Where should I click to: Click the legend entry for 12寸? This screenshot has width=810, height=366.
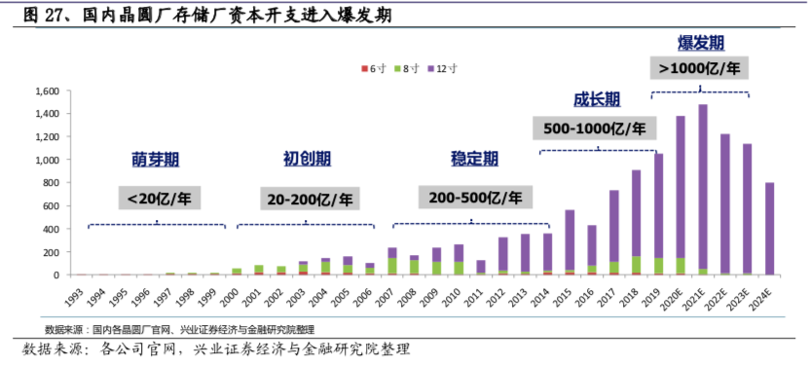coord(441,68)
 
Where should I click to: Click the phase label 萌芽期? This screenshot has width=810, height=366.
coord(157,159)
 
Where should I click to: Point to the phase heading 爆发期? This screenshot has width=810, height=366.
coord(700,44)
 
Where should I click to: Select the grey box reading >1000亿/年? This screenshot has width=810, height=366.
coord(700,69)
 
